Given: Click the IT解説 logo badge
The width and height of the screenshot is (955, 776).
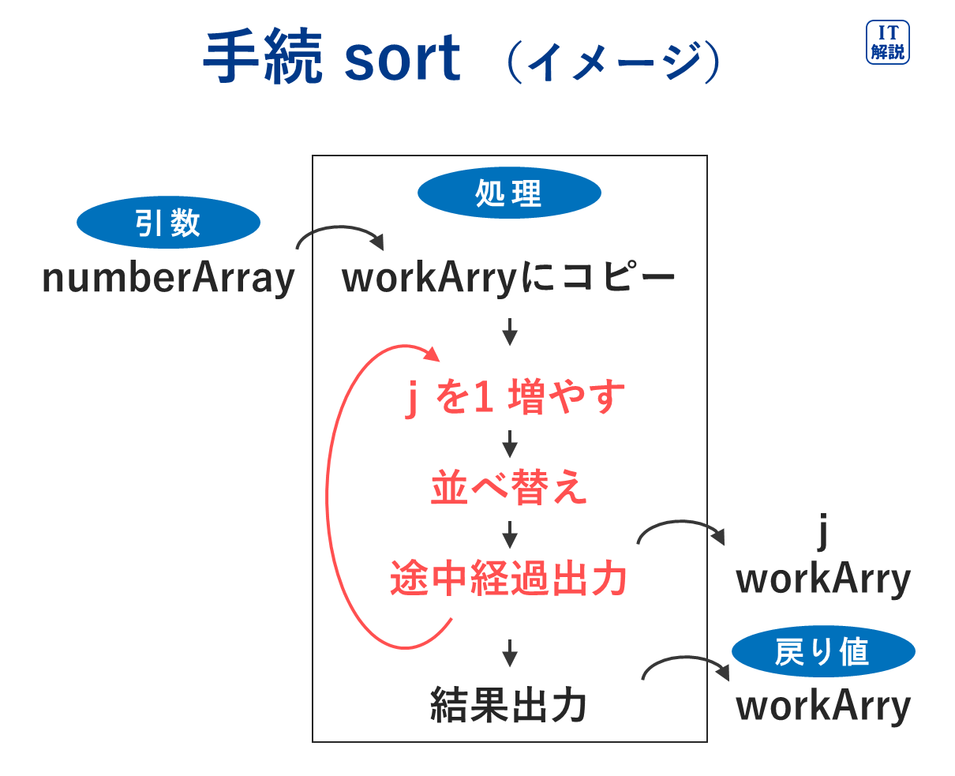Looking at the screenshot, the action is pyautogui.click(x=887, y=42).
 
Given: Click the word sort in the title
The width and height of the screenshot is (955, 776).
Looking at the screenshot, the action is pyautogui.click(x=403, y=58).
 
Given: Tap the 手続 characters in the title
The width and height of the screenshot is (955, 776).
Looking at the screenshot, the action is pyautogui.click(x=262, y=56).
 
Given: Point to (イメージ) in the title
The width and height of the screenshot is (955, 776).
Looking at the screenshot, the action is pyautogui.click(x=613, y=62).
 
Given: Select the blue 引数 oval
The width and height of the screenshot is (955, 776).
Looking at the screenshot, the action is pyautogui.click(x=168, y=222).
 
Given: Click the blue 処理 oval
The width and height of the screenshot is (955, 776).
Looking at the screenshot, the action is pyautogui.click(x=509, y=193).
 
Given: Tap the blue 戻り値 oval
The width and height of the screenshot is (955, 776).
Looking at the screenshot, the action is pyautogui.click(x=823, y=650).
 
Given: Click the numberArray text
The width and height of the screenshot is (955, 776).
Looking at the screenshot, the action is pyautogui.click(x=168, y=279).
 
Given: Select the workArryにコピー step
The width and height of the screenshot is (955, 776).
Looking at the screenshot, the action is pyautogui.click(x=508, y=278).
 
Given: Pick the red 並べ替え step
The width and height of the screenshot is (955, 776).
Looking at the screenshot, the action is pyautogui.click(x=509, y=487).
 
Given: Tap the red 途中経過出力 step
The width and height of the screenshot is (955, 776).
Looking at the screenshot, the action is pyautogui.click(x=508, y=578).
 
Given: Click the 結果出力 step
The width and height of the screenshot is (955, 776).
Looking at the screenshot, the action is pyautogui.click(x=508, y=705).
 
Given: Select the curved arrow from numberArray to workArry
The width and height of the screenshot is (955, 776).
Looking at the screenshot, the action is pyautogui.click(x=339, y=227).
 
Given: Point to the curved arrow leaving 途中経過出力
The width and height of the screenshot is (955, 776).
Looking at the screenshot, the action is pyautogui.click(x=680, y=522).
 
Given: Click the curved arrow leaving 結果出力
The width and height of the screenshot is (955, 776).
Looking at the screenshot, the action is pyautogui.click(x=685, y=658).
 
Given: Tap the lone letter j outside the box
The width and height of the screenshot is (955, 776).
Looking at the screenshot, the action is pyautogui.click(x=822, y=532).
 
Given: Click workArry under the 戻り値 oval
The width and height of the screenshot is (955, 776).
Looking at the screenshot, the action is pyautogui.click(x=823, y=707).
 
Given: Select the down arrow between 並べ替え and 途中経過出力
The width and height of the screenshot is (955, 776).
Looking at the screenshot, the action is pyautogui.click(x=509, y=534).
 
